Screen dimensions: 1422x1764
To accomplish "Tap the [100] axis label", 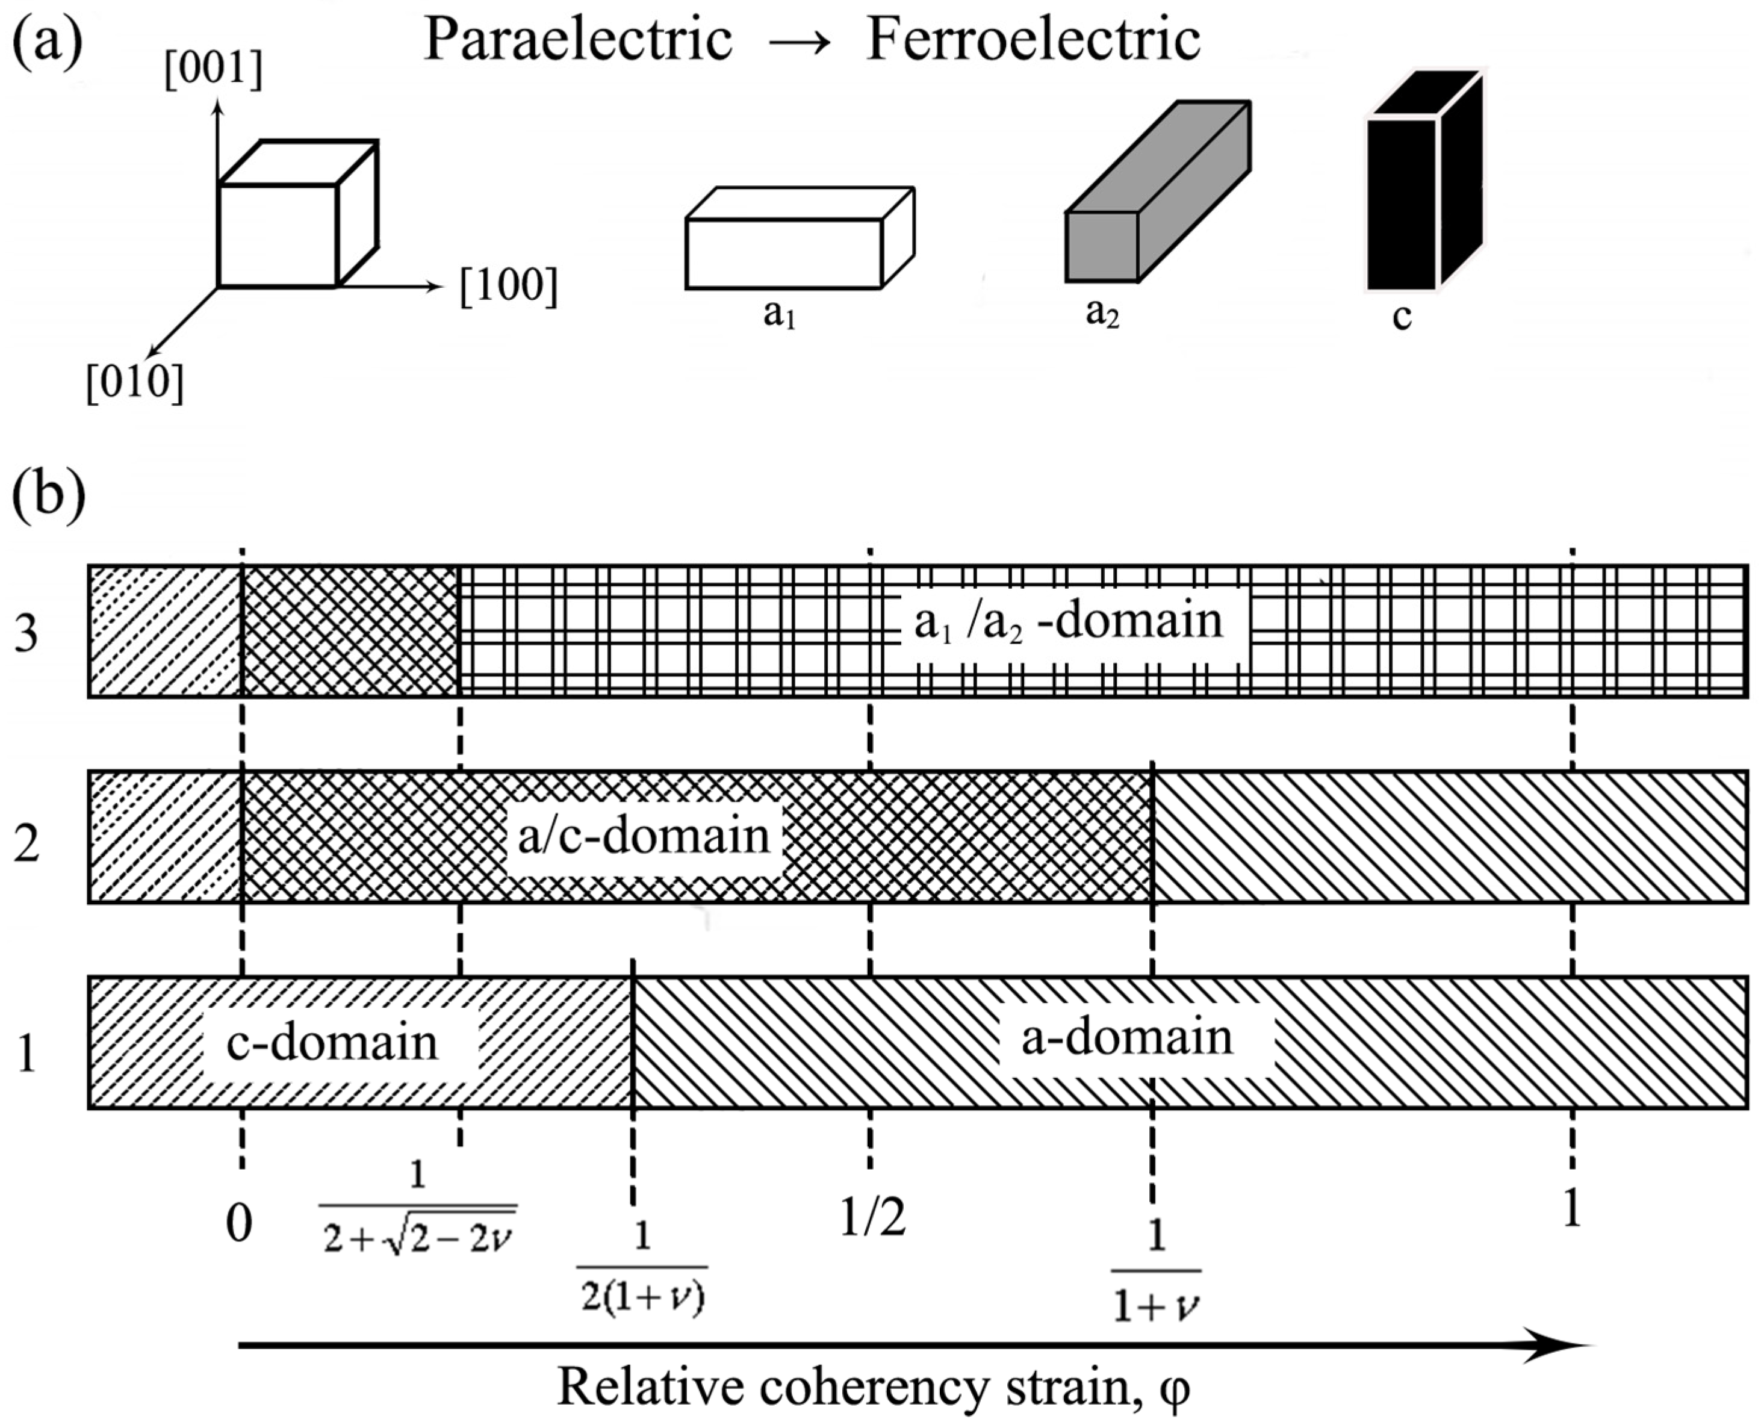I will point(509,287).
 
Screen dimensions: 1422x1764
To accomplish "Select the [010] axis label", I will point(135,382).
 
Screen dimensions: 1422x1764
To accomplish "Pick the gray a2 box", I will point(1157,197).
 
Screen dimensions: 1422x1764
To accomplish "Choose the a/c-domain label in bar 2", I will point(644,836).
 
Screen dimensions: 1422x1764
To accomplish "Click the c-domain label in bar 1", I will point(332,1043).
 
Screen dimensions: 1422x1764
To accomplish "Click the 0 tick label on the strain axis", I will point(239,1225).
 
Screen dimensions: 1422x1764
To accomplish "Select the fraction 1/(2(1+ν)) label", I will point(643,1268).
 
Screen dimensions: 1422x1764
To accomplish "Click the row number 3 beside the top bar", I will point(26,634).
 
